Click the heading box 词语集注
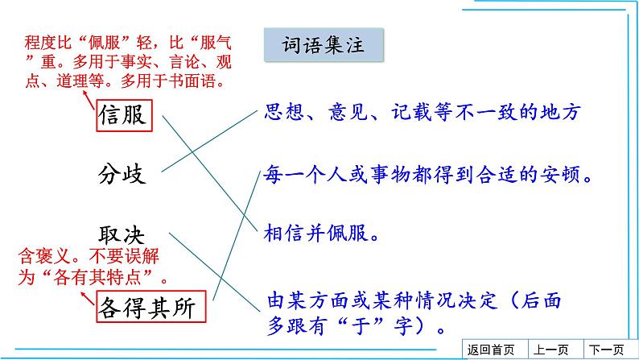pos(324,45)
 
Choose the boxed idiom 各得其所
pos(150,307)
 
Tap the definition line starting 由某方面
pos(414,302)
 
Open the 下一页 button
pos(606,350)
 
